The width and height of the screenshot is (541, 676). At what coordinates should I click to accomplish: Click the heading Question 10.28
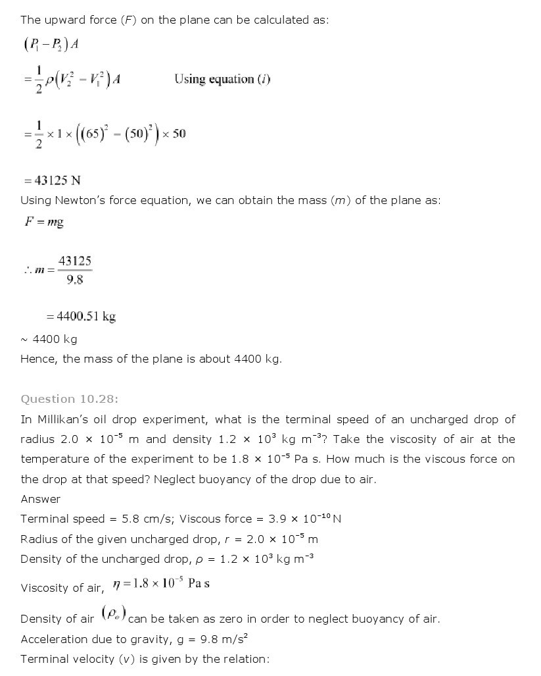tap(70, 398)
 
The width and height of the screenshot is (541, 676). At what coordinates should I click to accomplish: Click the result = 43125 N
tap(53, 180)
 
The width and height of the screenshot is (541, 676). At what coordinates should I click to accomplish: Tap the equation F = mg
tap(44, 222)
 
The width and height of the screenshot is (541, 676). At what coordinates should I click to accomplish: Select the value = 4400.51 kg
tap(81, 317)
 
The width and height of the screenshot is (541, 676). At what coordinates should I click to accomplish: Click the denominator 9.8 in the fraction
tap(74, 279)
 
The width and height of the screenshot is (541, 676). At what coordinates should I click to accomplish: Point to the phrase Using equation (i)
tap(222, 79)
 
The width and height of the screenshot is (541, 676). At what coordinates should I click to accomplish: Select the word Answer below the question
tap(40, 499)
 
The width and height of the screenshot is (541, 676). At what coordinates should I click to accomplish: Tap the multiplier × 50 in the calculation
tap(174, 134)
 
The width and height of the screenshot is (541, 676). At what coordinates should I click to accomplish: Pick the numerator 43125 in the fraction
tap(74, 261)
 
